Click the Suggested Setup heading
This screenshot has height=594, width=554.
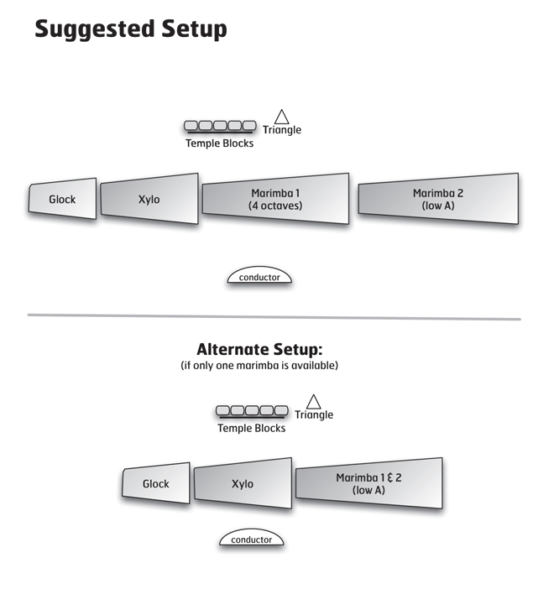[x=131, y=29]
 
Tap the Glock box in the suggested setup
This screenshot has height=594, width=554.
[x=62, y=199]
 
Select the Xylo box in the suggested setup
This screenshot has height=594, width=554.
[x=149, y=199]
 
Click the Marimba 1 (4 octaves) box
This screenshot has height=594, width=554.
[x=275, y=199]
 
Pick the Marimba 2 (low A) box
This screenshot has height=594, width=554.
[x=438, y=199]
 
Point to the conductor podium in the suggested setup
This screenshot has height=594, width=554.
[x=259, y=276]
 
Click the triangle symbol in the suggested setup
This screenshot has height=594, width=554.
[x=282, y=117]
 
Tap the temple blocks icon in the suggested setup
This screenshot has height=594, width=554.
[x=220, y=126]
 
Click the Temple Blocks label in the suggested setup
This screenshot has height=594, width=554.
[x=219, y=143]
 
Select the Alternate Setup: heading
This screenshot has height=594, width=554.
[x=259, y=349]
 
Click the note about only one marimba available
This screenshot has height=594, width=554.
[x=259, y=366]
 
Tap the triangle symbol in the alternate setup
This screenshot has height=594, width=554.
[x=314, y=402]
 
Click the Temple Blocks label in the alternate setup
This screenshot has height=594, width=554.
[x=252, y=428]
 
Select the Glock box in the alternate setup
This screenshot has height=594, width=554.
[x=156, y=484]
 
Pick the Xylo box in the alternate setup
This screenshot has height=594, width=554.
[x=243, y=484]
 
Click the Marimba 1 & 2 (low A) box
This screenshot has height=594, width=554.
[x=368, y=484]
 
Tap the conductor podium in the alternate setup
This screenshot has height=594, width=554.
[x=252, y=539]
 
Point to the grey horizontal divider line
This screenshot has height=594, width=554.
[x=274, y=317]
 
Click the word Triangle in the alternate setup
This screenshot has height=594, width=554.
[x=314, y=415]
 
